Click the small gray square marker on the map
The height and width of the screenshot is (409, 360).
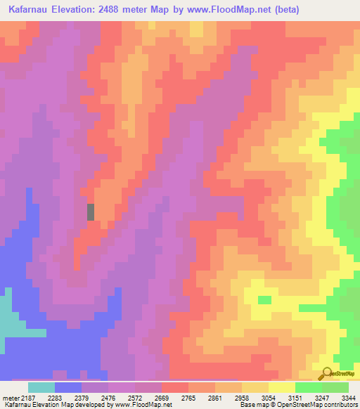coord(90,212)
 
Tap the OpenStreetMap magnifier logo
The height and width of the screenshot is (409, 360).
coord(326,373)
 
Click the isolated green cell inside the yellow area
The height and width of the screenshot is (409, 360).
coord(264,300)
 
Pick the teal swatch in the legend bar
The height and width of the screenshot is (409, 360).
coord(41,387)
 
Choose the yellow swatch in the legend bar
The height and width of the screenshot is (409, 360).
coord(281,387)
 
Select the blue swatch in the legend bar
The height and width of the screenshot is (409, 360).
coord(67,387)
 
